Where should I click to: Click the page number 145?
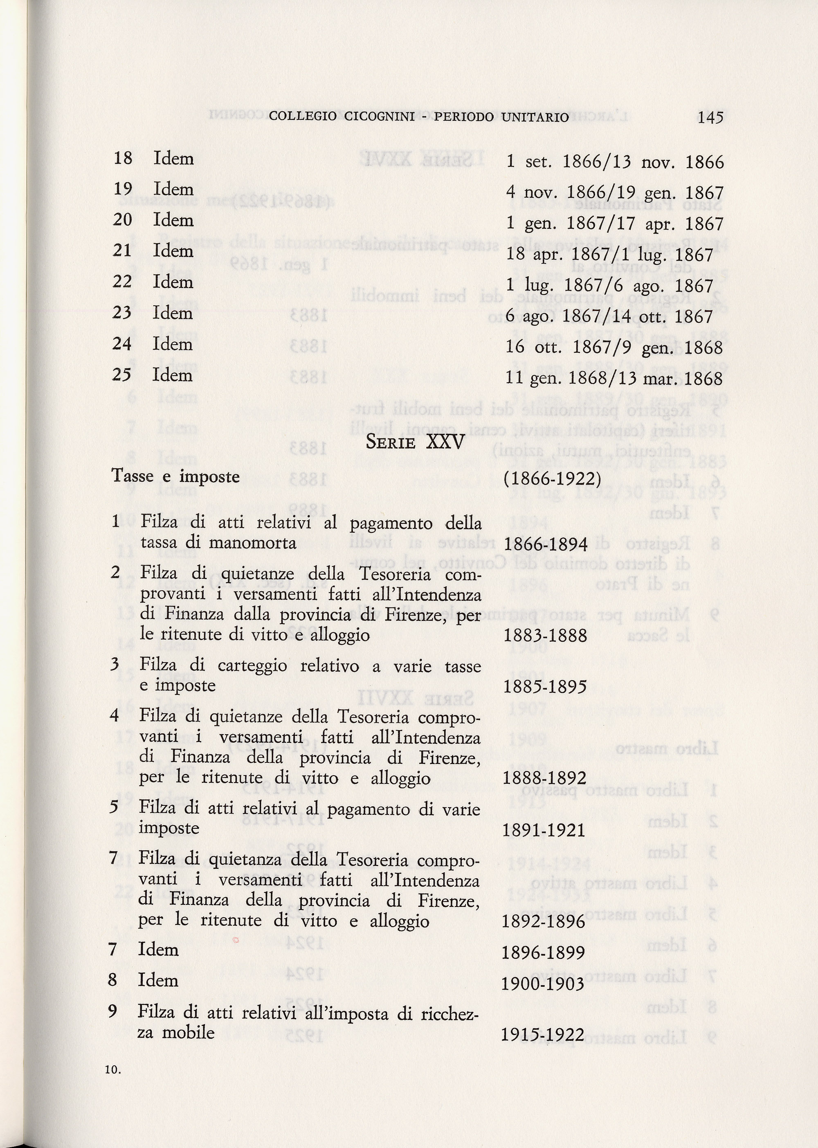710,117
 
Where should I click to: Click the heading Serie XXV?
415,442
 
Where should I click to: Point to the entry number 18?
123,158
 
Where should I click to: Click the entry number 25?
122,374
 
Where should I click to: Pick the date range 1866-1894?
546,544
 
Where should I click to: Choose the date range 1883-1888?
546,635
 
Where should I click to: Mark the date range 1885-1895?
545,687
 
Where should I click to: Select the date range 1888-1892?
544,778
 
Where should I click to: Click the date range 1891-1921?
544,830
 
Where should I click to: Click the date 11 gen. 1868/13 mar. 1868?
614,379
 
